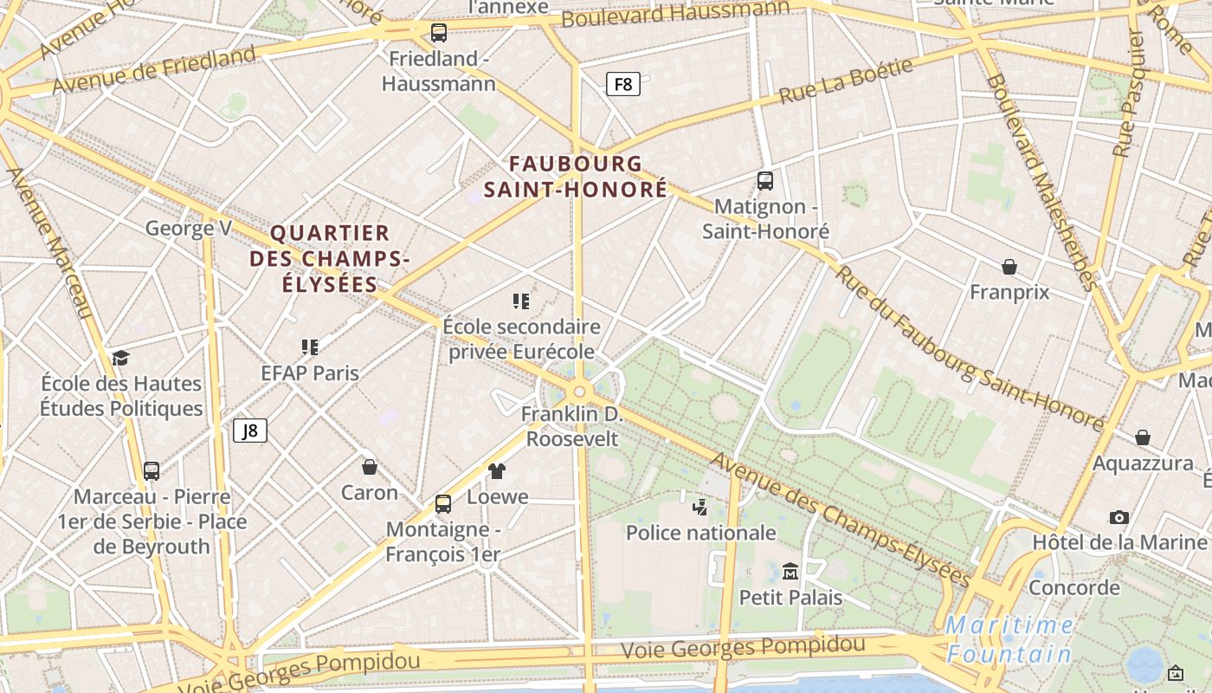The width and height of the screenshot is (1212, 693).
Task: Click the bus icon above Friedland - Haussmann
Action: (x=439, y=33)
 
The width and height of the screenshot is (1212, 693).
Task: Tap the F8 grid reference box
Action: (x=623, y=84)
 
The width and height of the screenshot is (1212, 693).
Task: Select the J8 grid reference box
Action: (x=250, y=431)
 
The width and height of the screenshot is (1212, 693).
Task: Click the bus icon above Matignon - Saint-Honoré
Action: (x=765, y=181)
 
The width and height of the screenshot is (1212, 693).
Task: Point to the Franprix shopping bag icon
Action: (x=1009, y=266)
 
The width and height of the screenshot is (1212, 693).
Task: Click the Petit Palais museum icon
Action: (x=790, y=571)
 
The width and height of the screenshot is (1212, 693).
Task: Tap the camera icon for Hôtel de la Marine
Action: (x=1119, y=517)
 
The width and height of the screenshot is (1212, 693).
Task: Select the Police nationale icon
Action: (x=700, y=507)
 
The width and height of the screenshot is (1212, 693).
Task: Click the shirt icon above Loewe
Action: (x=497, y=470)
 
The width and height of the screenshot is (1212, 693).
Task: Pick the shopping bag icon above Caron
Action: (x=370, y=467)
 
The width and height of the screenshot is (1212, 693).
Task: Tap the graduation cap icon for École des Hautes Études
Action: (x=121, y=358)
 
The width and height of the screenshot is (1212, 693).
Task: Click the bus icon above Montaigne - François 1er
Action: (x=443, y=503)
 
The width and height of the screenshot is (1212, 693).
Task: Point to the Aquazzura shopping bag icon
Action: (x=1143, y=437)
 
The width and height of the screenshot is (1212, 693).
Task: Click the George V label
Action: (x=189, y=229)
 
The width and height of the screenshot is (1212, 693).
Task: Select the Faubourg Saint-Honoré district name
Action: (x=576, y=176)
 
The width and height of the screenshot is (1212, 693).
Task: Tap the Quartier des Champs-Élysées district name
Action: (x=330, y=258)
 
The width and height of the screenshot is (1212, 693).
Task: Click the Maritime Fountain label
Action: (x=1009, y=638)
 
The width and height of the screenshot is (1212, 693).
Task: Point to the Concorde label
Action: (x=1074, y=588)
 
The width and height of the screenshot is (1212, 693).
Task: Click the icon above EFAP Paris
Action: (x=310, y=347)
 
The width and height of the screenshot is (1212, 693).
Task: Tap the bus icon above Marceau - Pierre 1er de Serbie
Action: (x=151, y=471)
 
